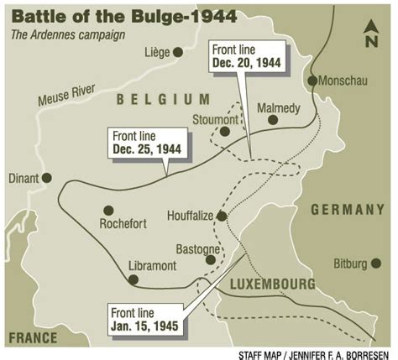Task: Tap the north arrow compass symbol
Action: click(371, 33)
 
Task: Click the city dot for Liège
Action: click(177, 52)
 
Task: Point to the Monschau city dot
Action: click(312, 81)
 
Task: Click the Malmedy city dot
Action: click(273, 120)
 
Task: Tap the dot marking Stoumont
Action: click(224, 131)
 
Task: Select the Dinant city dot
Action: click(47, 178)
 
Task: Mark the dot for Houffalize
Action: click(222, 216)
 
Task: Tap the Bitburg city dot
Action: click(375, 263)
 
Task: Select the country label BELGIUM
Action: click(163, 100)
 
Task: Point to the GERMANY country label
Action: click(347, 210)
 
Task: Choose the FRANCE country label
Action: click(33, 337)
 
